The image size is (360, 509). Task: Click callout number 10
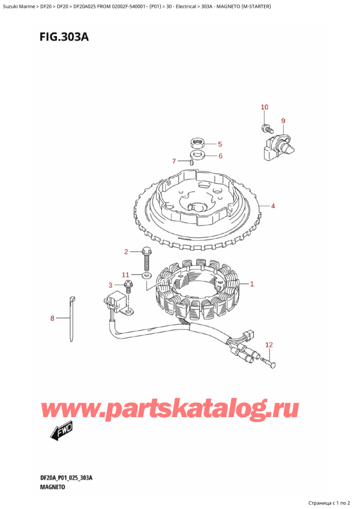click(x=265, y=107)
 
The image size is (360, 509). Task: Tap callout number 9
click(x=283, y=121)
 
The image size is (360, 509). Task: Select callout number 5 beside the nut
click(x=220, y=144)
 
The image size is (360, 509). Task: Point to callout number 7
click(x=173, y=161)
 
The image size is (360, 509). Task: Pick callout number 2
click(x=127, y=251)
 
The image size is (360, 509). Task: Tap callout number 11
click(x=126, y=275)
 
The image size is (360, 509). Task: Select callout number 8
click(x=53, y=318)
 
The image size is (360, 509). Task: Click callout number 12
click(x=269, y=345)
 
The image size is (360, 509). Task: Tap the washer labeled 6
click(x=196, y=156)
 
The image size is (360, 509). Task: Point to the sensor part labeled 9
click(x=277, y=146)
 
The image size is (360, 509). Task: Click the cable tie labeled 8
click(x=73, y=318)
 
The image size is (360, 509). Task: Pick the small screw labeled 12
click(x=269, y=361)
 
